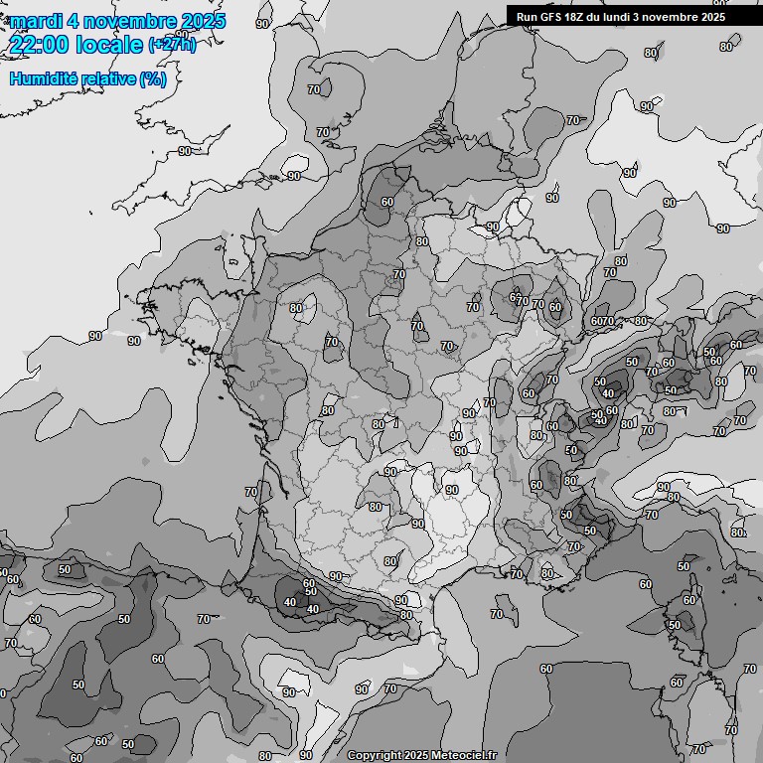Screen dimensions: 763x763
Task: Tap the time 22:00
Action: [x=40, y=45]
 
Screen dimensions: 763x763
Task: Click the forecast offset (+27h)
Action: [x=172, y=45]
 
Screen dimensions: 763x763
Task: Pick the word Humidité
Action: [x=41, y=78]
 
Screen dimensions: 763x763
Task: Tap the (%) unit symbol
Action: [x=153, y=78]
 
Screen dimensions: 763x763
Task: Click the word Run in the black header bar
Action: [x=527, y=17]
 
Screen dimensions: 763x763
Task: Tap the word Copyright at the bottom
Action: [x=374, y=756]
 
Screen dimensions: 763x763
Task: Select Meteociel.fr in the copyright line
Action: [x=463, y=756]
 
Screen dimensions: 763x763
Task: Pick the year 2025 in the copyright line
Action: [x=416, y=756]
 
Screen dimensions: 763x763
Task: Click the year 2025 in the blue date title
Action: [x=203, y=21]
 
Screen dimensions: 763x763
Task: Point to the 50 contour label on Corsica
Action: [x=675, y=625]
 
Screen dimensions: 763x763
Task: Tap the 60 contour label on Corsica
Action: [x=688, y=600]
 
